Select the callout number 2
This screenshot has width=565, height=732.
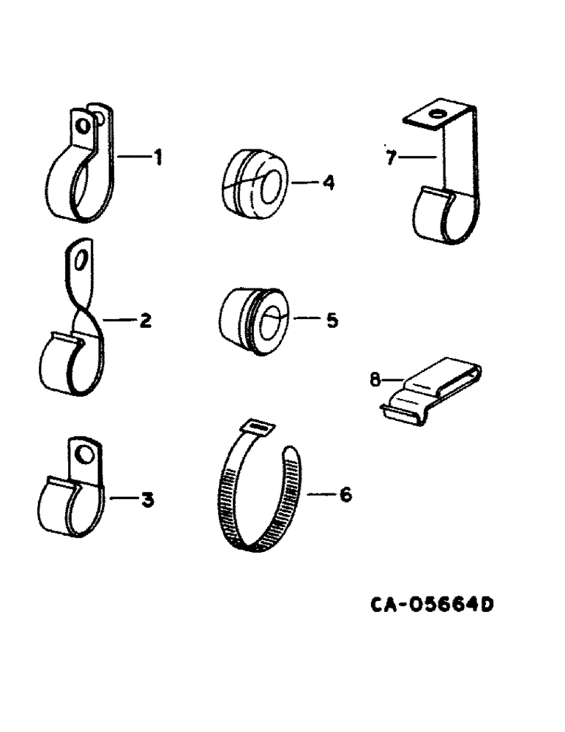pyautogui.click(x=146, y=320)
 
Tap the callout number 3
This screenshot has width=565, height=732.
pyautogui.click(x=147, y=500)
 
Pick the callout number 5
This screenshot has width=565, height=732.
pyautogui.click(x=332, y=320)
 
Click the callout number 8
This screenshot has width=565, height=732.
pyautogui.click(x=375, y=378)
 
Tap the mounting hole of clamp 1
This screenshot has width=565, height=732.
pyautogui.click(x=86, y=125)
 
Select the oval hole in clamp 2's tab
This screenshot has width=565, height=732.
pyautogui.click(x=83, y=259)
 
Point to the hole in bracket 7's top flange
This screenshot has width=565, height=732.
pyautogui.click(x=437, y=114)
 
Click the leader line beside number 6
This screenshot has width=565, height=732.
pyautogui.click(x=319, y=495)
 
